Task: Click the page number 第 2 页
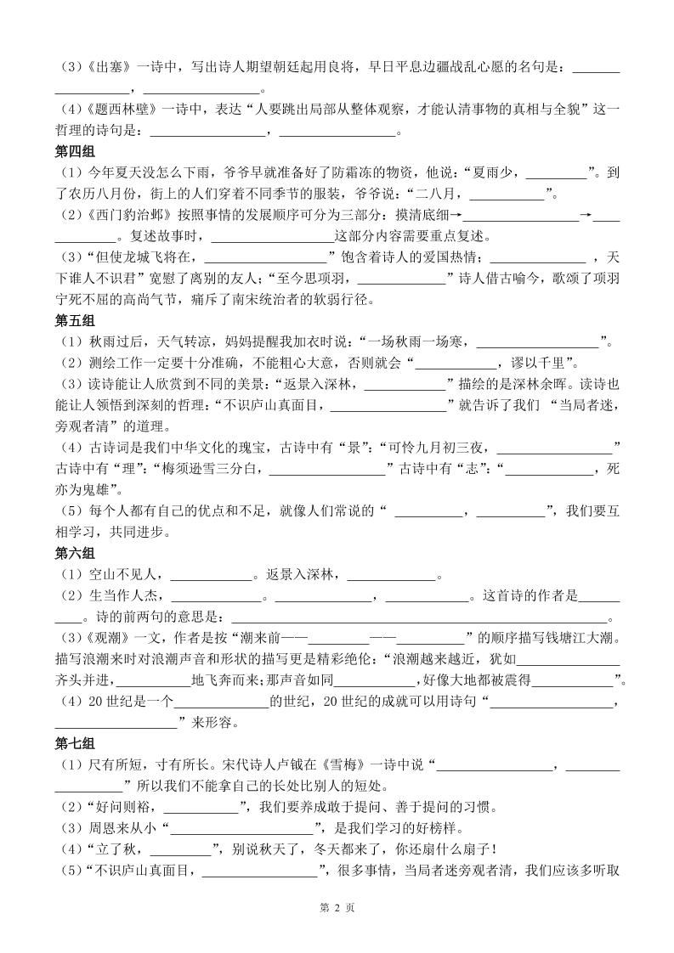pos(337,907)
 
